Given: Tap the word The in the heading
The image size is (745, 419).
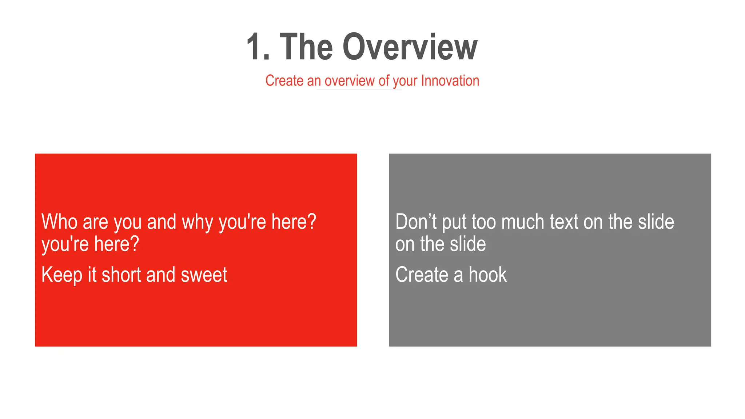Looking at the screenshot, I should coord(306,47).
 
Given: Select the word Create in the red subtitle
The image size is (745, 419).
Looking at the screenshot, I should coord(284,81).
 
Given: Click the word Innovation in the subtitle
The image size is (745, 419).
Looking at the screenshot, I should coord(450,81).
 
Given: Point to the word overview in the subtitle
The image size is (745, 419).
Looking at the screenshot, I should coord(350,81).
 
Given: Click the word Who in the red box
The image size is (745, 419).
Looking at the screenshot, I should coord(59,222).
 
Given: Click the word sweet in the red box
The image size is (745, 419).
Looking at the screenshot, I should coord(204,275).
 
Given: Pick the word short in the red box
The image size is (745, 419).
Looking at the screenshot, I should coord(121,275).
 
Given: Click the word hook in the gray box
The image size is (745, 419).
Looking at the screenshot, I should coord(487,275).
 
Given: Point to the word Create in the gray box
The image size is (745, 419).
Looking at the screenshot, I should coord(421,275).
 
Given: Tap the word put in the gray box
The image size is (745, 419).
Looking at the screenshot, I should coord(454,223).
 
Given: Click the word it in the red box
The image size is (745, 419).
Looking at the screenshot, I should coord(92,275).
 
